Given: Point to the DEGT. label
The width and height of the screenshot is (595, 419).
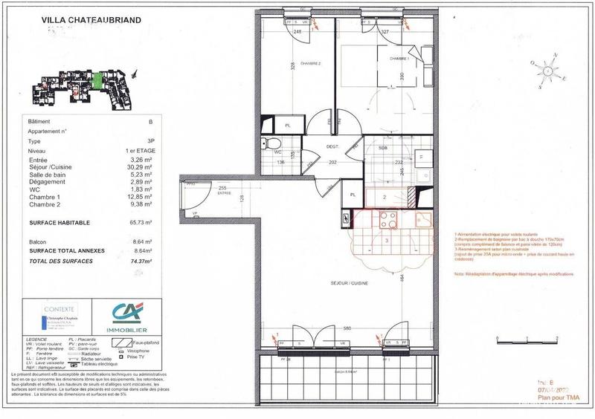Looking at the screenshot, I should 332,147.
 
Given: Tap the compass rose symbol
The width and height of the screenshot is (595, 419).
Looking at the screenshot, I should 547,71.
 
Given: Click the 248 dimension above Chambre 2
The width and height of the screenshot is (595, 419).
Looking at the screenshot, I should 297,33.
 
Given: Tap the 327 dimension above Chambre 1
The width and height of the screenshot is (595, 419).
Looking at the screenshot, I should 386,33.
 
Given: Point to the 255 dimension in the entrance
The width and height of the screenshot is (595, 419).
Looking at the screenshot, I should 222,187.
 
